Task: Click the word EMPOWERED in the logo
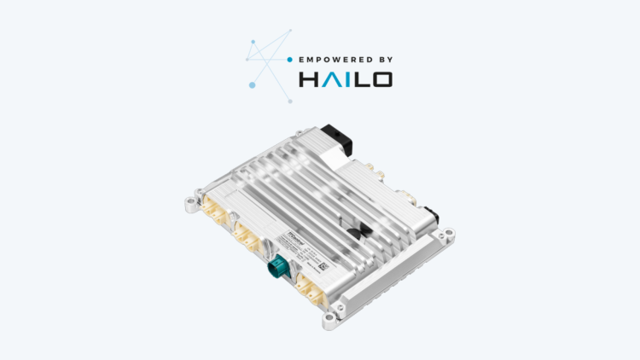coord(329,60)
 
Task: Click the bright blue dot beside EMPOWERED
coord(289,60)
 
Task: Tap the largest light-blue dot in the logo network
coord(252,84)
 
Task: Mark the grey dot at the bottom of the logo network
coord(290,102)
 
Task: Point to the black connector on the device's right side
coord(434,215)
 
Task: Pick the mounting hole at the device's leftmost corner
coord(189,203)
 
